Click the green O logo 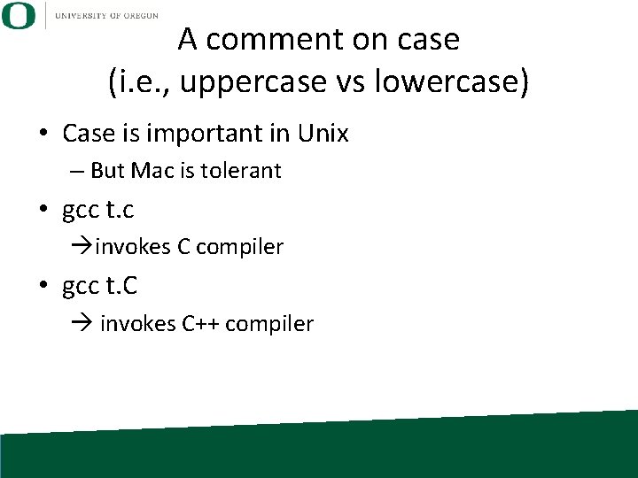(19, 15)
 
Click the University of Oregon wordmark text (105, 15)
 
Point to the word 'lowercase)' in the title (451, 82)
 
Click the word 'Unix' (323, 134)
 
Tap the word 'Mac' (154, 171)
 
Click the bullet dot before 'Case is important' (43, 135)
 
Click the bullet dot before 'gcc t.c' (43, 211)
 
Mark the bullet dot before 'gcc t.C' (43, 287)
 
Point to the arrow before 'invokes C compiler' (83, 247)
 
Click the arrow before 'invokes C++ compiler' (83, 324)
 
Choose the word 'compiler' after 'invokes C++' (269, 325)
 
